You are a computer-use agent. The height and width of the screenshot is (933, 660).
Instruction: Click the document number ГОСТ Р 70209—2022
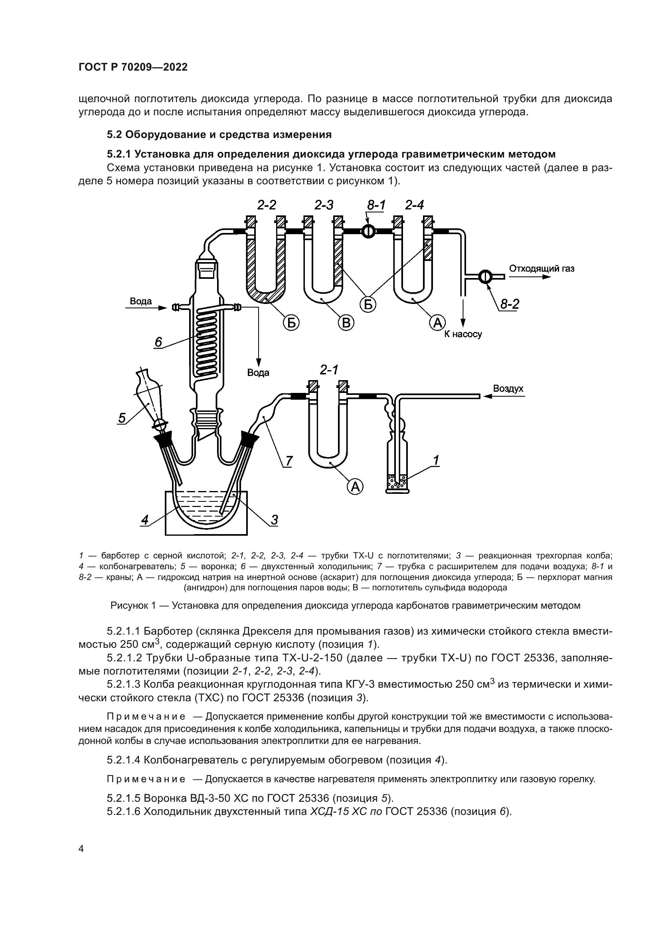(133, 67)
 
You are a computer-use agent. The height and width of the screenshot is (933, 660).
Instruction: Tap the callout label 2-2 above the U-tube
(267, 205)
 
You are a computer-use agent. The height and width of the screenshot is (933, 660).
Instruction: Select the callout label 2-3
(324, 205)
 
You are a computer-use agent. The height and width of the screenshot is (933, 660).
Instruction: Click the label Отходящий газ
(541, 268)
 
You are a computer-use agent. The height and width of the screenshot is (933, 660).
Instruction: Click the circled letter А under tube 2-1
(355, 486)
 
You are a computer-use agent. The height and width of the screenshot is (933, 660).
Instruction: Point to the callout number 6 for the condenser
(158, 343)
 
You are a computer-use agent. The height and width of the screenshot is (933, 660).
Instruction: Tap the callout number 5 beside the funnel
(122, 418)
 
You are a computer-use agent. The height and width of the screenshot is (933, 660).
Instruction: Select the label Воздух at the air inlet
(508, 389)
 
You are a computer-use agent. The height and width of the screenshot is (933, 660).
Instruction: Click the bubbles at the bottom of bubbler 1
(397, 481)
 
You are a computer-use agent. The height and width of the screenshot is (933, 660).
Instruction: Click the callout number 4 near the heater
(145, 520)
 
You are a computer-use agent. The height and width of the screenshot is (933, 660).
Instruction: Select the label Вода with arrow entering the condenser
(140, 302)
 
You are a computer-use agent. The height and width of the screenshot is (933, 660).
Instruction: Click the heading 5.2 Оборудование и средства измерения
(219, 134)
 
